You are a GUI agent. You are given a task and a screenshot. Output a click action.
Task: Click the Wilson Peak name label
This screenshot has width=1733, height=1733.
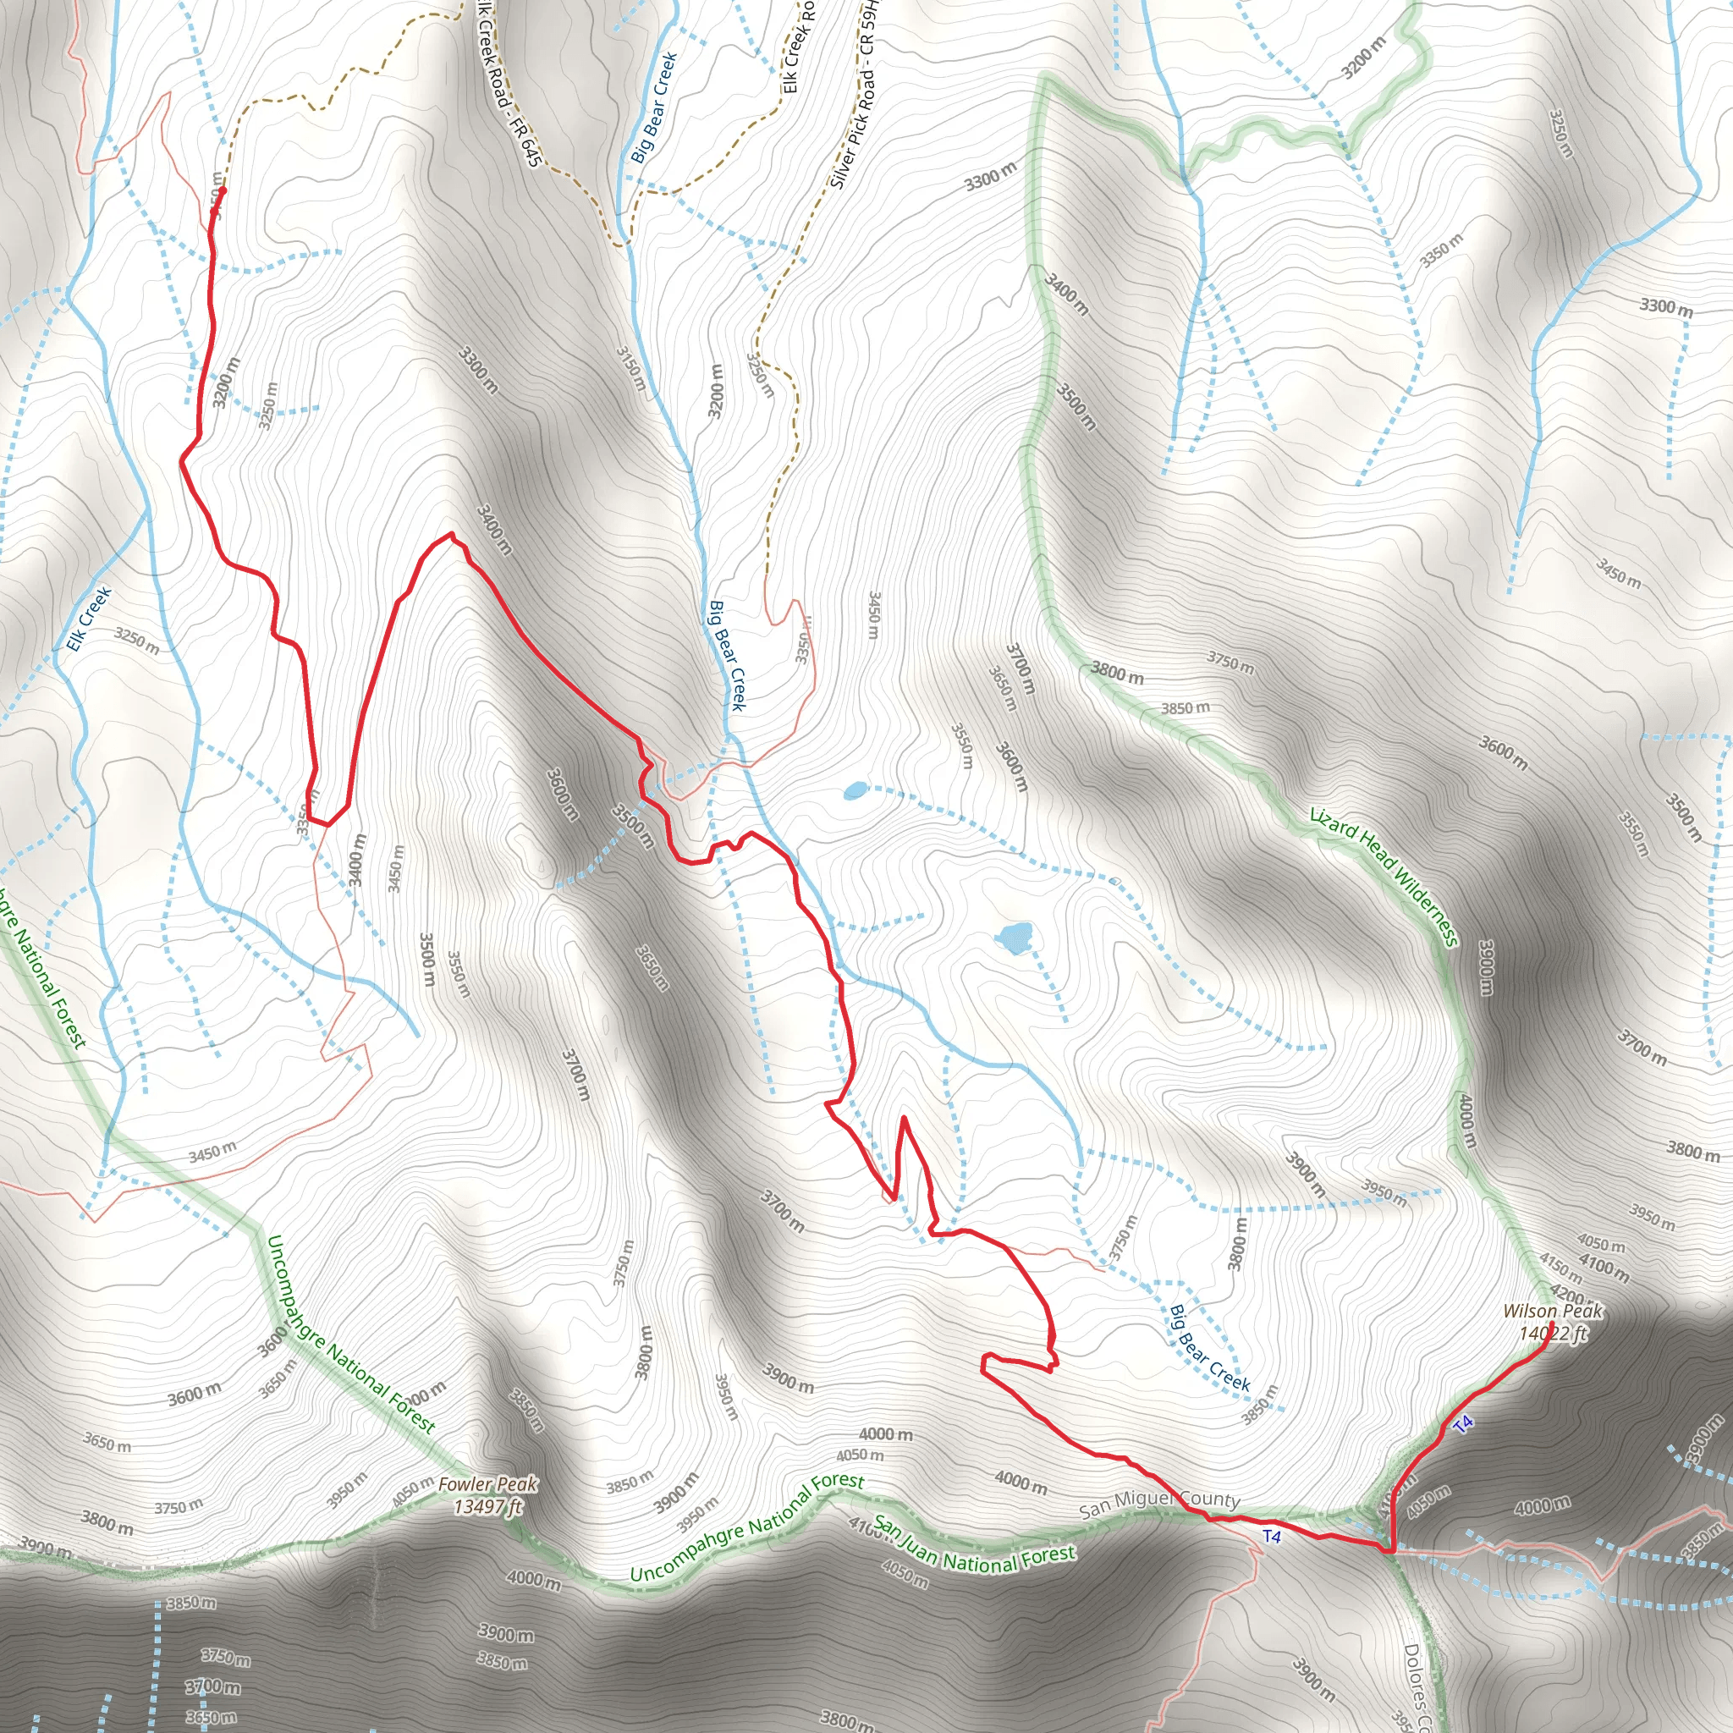point(1553,1312)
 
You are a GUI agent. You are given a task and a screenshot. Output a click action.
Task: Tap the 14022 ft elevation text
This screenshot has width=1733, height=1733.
point(1553,1333)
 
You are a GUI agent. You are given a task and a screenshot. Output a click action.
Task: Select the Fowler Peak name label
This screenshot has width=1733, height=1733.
point(488,1484)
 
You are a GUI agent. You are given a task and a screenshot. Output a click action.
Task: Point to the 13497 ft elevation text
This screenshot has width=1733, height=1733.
point(488,1506)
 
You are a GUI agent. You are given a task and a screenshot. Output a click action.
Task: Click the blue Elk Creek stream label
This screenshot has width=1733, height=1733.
point(89,618)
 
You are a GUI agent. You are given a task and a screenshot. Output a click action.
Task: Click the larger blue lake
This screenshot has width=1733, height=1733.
point(1015,938)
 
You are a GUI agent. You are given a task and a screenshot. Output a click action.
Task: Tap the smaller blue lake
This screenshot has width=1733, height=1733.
point(855,790)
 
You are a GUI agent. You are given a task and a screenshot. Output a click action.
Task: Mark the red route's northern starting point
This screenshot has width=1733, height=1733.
point(222,190)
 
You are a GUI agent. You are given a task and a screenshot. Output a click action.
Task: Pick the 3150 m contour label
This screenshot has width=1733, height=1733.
point(630,369)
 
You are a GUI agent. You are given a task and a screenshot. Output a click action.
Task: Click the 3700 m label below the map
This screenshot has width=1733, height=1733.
point(213,1687)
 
